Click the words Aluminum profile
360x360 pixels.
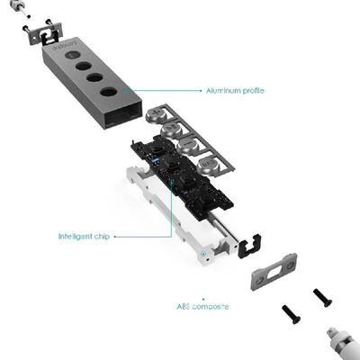point(235,90)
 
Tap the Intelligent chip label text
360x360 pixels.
point(84,237)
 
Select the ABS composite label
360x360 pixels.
point(202,307)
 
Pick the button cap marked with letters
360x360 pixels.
point(208,166)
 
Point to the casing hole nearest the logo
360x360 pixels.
point(73,56)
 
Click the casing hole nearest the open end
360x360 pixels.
point(108,91)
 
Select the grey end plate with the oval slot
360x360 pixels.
point(274,271)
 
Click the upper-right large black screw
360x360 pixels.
point(322,298)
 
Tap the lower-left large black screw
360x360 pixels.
point(291,314)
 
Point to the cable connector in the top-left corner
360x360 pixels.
point(19,6)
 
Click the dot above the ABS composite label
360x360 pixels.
point(203,299)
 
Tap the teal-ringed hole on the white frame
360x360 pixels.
point(203,254)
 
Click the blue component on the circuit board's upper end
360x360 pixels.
point(156,161)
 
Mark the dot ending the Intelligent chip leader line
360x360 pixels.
point(115,237)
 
